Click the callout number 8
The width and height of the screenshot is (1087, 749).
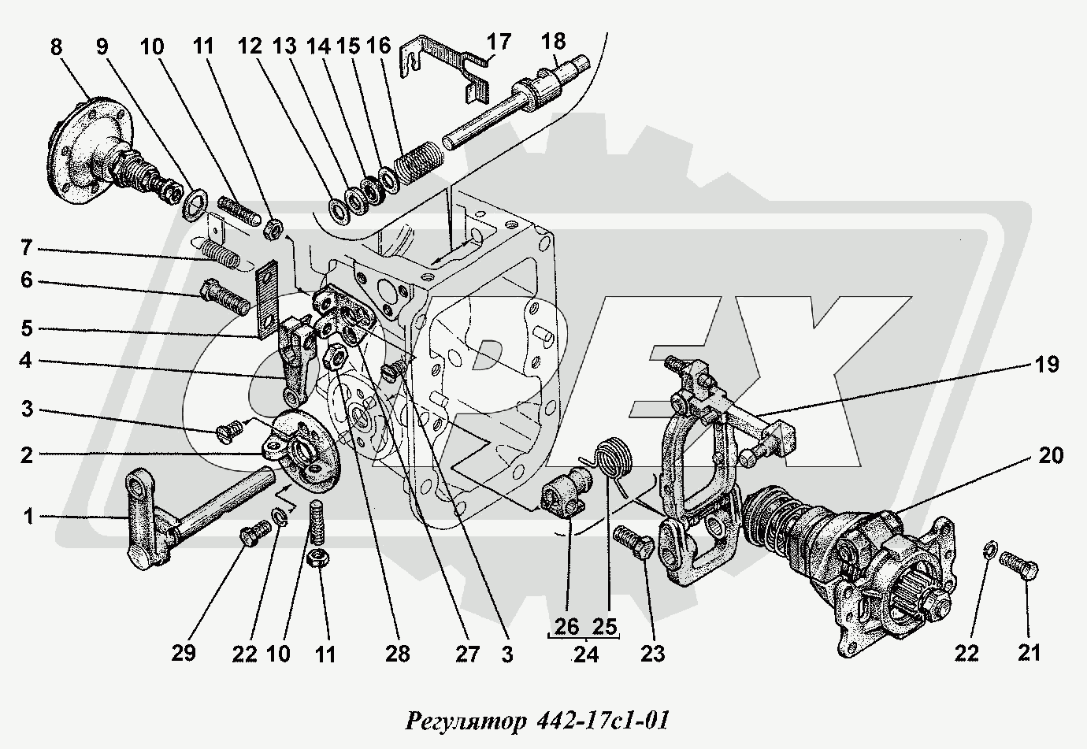[56, 46]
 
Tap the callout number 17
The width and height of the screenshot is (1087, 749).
[499, 41]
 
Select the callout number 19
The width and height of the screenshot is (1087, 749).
[1047, 364]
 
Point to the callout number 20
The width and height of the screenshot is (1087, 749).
[1051, 455]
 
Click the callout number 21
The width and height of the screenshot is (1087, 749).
[1029, 652]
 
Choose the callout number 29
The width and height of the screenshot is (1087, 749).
[184, 652]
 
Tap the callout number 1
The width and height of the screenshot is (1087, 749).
[29, 517]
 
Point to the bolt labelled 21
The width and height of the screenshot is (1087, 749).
[1020, 565]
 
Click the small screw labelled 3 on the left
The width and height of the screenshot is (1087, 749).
[228, 432]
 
